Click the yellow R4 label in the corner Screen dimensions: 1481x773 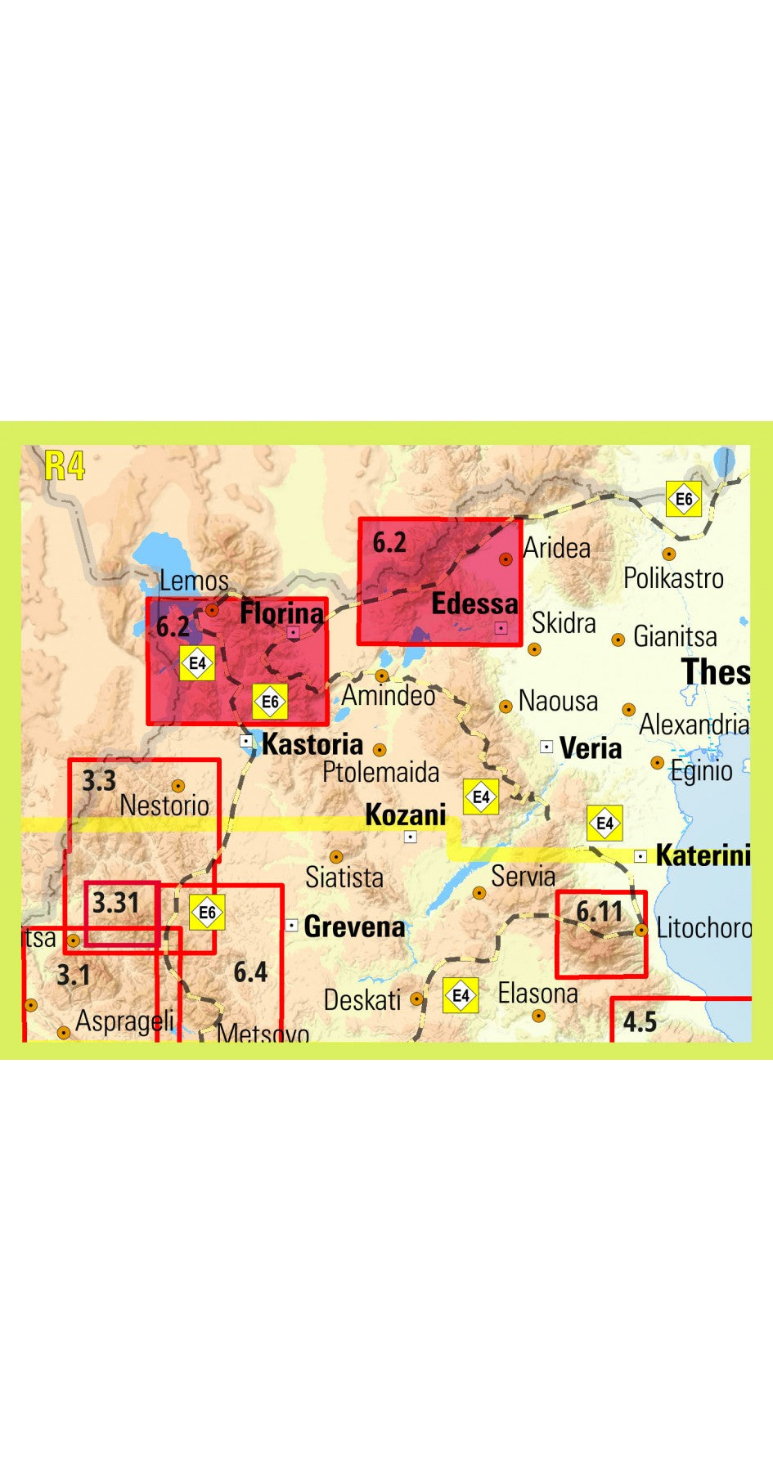(x=65, y=466)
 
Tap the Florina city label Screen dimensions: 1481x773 (x=281, y=613)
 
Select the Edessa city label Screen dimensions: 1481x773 (x=474, y=604)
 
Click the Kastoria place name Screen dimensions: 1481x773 (x=312, y=744)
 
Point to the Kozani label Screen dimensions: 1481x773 (x=405, y=815)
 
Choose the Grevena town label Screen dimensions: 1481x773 (x=353, y=927)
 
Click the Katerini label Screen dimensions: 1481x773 (x=703, y=855)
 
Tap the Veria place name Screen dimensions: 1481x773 (x=590, y=748)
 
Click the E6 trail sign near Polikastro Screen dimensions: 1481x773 (x=683, y=499)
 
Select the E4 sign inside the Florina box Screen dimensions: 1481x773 (x=197, y=663)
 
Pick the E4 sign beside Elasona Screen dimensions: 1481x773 (x=461, y=995)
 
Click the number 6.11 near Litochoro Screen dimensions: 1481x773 (x=599, y=911)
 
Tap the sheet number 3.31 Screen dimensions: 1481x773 (x=115, y=903)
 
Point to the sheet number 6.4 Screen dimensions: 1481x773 (x=250, y=972)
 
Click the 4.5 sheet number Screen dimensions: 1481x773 (x=639, y=1021)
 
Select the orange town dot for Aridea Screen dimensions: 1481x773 (x=506, y=559)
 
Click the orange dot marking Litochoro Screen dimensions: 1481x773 (x=641, y=930)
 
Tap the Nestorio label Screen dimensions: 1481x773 (x=164, y=806)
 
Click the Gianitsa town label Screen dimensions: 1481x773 (x=674, y=636)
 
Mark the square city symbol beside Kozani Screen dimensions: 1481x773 (x=411, y=837)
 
